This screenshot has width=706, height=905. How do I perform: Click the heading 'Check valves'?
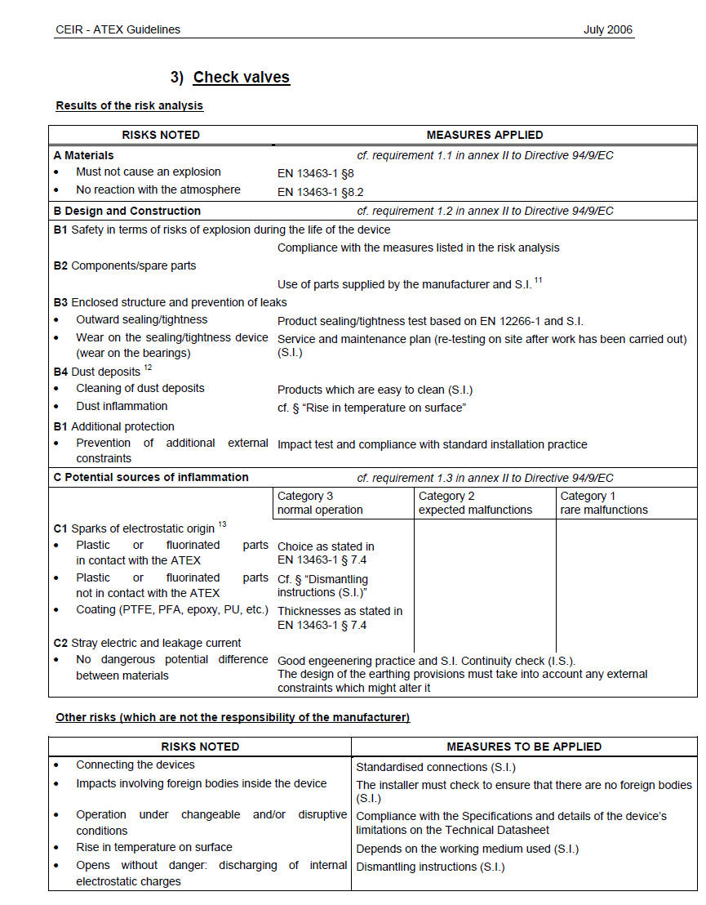(x=241, y=78)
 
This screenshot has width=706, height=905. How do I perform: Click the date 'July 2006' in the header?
(x=607, y=29)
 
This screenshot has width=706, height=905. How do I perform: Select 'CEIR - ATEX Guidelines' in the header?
(x=118, y=29)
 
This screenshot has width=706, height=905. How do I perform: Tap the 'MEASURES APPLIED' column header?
(x=484, y=135)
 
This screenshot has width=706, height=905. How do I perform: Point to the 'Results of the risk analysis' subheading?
(x=129, y=105)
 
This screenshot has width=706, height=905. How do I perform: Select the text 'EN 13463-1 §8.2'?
(x=320, y=192)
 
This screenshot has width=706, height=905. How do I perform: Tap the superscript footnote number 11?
(x=539, y=281)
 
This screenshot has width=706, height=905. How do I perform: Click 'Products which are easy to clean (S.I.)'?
(x=375, y=390)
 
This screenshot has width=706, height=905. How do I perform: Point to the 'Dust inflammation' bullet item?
(x=122, y=406)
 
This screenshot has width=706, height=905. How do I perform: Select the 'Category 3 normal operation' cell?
(x=320, y=503)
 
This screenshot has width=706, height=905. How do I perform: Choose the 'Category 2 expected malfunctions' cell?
(x=475, y=503)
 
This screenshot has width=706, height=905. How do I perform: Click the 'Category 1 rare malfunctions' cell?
(x=603, y=503)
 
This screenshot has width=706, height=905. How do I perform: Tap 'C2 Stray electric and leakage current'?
(x=147, y=643)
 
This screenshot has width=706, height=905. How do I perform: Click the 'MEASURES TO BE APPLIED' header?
(x=524, y=747)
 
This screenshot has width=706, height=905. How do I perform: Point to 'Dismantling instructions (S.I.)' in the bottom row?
(x=430, y=867)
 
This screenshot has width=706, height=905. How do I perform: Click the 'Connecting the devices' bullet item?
(x=135, y=765)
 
